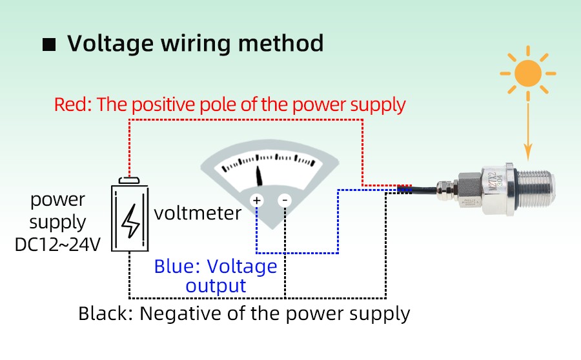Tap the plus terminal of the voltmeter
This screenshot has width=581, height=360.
(x=257, y=201)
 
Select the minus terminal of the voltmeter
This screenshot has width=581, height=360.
(x=285, y=201)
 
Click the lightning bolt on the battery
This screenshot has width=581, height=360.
(x=132, y=220)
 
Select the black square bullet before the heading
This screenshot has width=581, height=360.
(x=49, y=45)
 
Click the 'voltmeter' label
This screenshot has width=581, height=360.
(x=198, y=213)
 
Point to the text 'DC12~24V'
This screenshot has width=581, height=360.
(x=58, y=245)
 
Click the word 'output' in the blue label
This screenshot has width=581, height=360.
(x=216, y=286)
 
